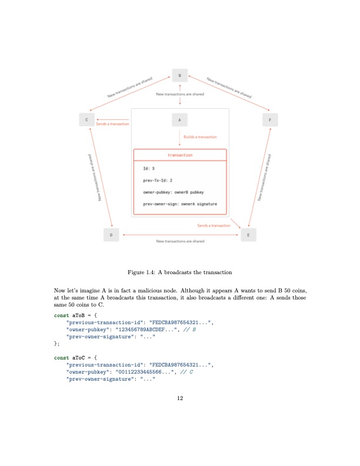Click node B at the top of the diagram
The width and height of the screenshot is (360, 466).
(179, 76)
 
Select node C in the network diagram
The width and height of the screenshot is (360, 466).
(88, 119)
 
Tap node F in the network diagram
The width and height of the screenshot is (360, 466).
(270, 119)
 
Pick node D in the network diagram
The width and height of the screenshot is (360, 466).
(112, 235)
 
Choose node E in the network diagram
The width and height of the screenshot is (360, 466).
(248, 235)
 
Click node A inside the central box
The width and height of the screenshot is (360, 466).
(179, 119)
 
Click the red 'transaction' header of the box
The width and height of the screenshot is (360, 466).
(180, 155)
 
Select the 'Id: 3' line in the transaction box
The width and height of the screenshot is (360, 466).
(149, 169)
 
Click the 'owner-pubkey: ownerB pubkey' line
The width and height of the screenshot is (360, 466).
(174, 192)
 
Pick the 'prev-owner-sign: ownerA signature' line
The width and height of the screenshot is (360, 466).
(180, 204)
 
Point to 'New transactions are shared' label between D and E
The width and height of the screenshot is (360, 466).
(180, 241)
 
